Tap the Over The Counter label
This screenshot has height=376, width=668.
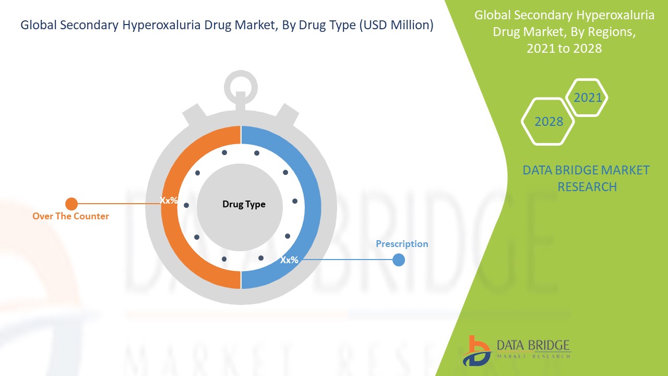click(70, 216)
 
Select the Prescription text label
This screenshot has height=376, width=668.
click(402, 244)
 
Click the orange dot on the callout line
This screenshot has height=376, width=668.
click(71, 204)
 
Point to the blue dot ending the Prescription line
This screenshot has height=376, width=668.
click(399, 260)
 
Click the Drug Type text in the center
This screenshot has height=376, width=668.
click(244, 204)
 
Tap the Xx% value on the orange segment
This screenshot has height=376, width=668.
click(169, 200)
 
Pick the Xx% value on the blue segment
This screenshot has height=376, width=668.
click(289, 260)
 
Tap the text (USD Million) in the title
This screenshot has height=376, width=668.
click(396, 25)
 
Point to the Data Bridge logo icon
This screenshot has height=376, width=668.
click(477, 351)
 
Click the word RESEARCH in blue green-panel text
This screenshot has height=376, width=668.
click(587, 187)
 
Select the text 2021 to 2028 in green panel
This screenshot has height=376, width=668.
click(564, 49)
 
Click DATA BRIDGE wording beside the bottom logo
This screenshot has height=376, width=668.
click(533, 345)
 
